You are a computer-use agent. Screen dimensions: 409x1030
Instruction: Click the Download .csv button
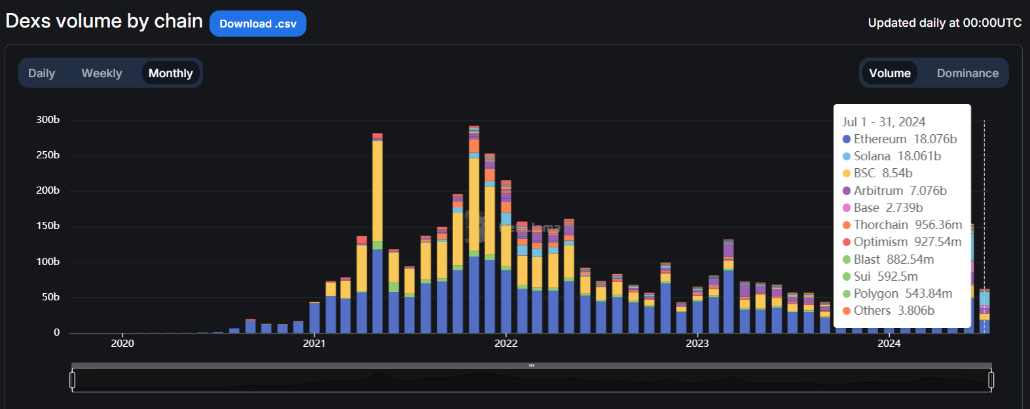tap(258, 24)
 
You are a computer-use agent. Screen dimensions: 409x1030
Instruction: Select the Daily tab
tap(41, 73)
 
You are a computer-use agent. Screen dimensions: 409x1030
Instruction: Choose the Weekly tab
tap(101, 73)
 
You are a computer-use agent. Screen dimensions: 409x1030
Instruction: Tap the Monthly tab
tap(170, 73)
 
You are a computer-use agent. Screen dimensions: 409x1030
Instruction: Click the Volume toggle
tap(889, 73)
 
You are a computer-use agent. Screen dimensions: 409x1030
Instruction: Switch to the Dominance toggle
tap(967, 73)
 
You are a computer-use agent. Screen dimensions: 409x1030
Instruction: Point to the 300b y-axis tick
tap(48, 120)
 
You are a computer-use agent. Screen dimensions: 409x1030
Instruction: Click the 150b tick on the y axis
tap(48, 226)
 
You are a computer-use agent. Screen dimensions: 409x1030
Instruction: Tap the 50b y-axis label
tap(50, 297)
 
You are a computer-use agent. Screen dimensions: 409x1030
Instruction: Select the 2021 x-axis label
tap(314, 344)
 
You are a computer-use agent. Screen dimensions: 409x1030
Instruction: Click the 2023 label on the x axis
tap(697, 344)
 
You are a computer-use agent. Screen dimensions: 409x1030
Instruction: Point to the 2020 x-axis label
tap(122, 344)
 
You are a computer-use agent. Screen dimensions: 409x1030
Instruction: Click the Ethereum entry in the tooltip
tap(899, 139)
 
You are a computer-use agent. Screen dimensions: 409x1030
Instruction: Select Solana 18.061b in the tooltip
tap(891, 156)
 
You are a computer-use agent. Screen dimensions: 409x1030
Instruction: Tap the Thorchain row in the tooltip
tap(902, 224)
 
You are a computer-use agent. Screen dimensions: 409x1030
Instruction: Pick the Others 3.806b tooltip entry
tap(888, 310)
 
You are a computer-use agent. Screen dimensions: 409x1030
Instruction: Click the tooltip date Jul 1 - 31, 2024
tap(883, 122)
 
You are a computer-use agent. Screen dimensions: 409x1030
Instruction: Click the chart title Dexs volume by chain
tap(104, 21)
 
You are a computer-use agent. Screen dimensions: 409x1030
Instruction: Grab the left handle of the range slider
tap(73, 380)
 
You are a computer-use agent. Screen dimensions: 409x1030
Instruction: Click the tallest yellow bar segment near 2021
tap(377, 190)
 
